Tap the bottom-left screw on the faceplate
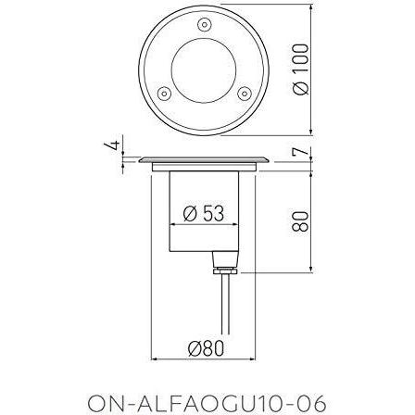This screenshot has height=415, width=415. point(162,94)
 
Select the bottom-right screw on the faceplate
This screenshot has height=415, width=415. point(245,94)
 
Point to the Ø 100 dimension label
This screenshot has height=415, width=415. point(300,69)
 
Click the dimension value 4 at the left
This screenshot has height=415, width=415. point(111,146)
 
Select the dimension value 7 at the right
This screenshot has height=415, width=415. point(300,151)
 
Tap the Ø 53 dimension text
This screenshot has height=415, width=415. point(204,214)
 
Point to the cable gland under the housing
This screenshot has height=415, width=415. point(220,264)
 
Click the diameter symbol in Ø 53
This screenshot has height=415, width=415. point(190,214)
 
